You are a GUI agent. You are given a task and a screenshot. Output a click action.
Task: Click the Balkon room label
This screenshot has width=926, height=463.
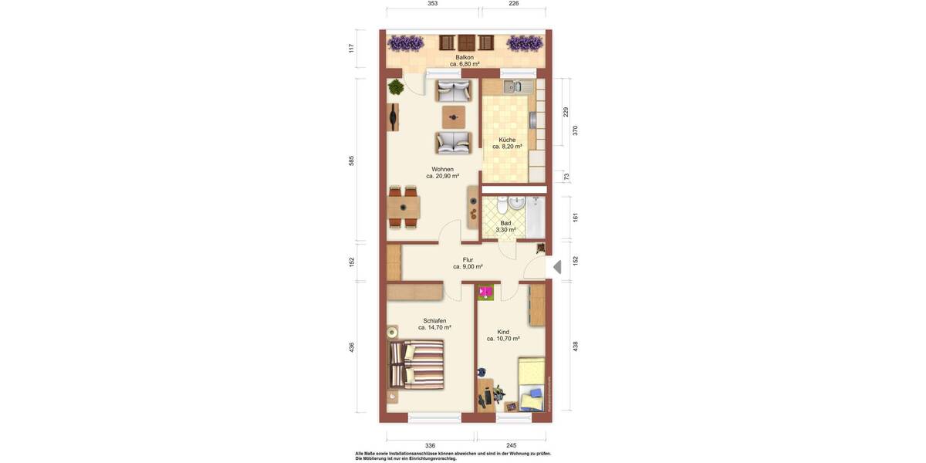(x=465, y=57)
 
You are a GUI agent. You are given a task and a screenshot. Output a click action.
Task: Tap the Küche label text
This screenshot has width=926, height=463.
(x=507, y=140)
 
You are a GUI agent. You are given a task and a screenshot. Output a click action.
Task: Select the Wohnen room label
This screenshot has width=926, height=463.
(x=442, y=169)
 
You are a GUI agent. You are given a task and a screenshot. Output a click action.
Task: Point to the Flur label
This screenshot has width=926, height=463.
(x=468, y=259)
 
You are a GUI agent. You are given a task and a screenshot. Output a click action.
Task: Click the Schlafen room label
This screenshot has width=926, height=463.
(x=434, y=320)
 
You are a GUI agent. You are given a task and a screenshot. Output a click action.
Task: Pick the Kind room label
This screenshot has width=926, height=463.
(x=503, y=332)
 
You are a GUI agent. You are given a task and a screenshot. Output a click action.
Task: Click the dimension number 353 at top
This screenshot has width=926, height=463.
(x=432, y=4)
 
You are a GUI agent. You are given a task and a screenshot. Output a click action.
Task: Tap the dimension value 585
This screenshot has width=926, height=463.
(x=351, y=161)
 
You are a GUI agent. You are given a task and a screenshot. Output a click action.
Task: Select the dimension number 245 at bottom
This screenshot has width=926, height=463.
(x=511, y=445)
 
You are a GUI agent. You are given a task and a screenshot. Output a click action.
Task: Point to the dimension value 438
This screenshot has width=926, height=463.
(x=575, y=346)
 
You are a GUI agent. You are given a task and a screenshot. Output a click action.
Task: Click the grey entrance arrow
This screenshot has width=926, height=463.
(x=557, y=267)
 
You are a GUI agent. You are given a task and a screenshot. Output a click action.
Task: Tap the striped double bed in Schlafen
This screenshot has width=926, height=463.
(x=417, y=365)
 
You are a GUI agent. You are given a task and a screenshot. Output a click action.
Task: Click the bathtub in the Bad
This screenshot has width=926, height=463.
(x=536, y=217)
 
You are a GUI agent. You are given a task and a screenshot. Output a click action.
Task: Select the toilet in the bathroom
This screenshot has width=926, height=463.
(x=502, y=206)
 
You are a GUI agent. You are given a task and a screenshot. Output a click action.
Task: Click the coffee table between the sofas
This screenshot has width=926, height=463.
(x=454, y=117)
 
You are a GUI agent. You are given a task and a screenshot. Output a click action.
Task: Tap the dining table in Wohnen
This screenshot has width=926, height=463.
(x=403, y=208)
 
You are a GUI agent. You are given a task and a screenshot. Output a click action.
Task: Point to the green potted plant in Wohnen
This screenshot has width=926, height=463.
(x=395, y=87)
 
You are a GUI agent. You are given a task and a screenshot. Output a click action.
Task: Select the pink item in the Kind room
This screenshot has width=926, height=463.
(x=485, y=292)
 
